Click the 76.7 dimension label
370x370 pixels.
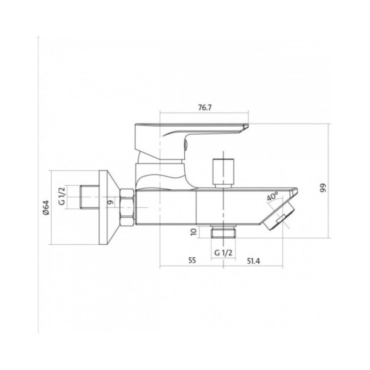point(205,108)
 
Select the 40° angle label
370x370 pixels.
point(273,196)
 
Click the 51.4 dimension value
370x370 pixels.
point(253,261)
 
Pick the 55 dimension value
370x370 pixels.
point(192,260)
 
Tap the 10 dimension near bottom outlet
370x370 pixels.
point(194,232)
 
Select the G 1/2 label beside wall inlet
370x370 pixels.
point(62,196)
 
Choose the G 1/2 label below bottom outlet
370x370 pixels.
point(223,253)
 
